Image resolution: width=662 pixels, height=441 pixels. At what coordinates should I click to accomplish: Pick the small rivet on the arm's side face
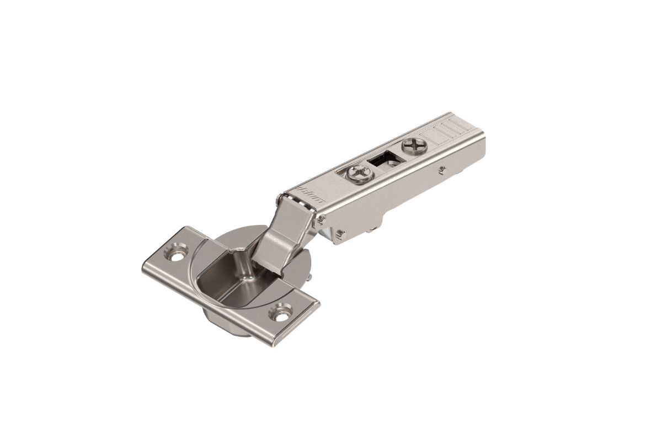(x=441, y=170)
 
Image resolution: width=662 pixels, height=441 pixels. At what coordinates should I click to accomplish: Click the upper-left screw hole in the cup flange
(x=177, y=255)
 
